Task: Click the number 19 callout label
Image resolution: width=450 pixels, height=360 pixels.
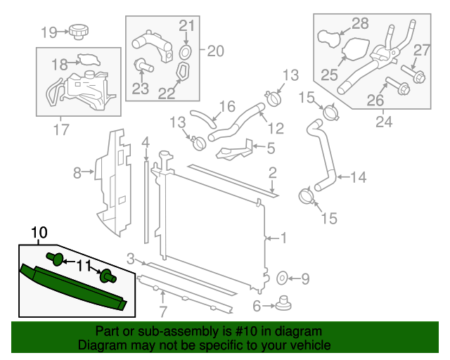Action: (49, 32)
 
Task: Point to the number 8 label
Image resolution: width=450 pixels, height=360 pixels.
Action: (77, 171)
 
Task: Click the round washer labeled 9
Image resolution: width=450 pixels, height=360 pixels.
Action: (284, 279)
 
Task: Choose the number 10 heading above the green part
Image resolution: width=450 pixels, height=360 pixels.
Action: (39, 232)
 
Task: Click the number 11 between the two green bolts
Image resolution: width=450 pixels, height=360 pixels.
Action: (84, 266)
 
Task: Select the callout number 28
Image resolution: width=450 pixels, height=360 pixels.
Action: (360, 24)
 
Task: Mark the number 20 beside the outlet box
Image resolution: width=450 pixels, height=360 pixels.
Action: (214, 51)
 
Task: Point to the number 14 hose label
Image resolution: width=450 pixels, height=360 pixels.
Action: (358, 178)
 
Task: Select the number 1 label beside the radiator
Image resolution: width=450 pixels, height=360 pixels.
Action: (283, 238)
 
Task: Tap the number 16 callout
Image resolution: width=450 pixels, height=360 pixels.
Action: (226, 107)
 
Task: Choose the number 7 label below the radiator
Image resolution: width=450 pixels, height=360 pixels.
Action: (163, 311)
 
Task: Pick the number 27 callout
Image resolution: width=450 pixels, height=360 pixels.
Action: (421, 50)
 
